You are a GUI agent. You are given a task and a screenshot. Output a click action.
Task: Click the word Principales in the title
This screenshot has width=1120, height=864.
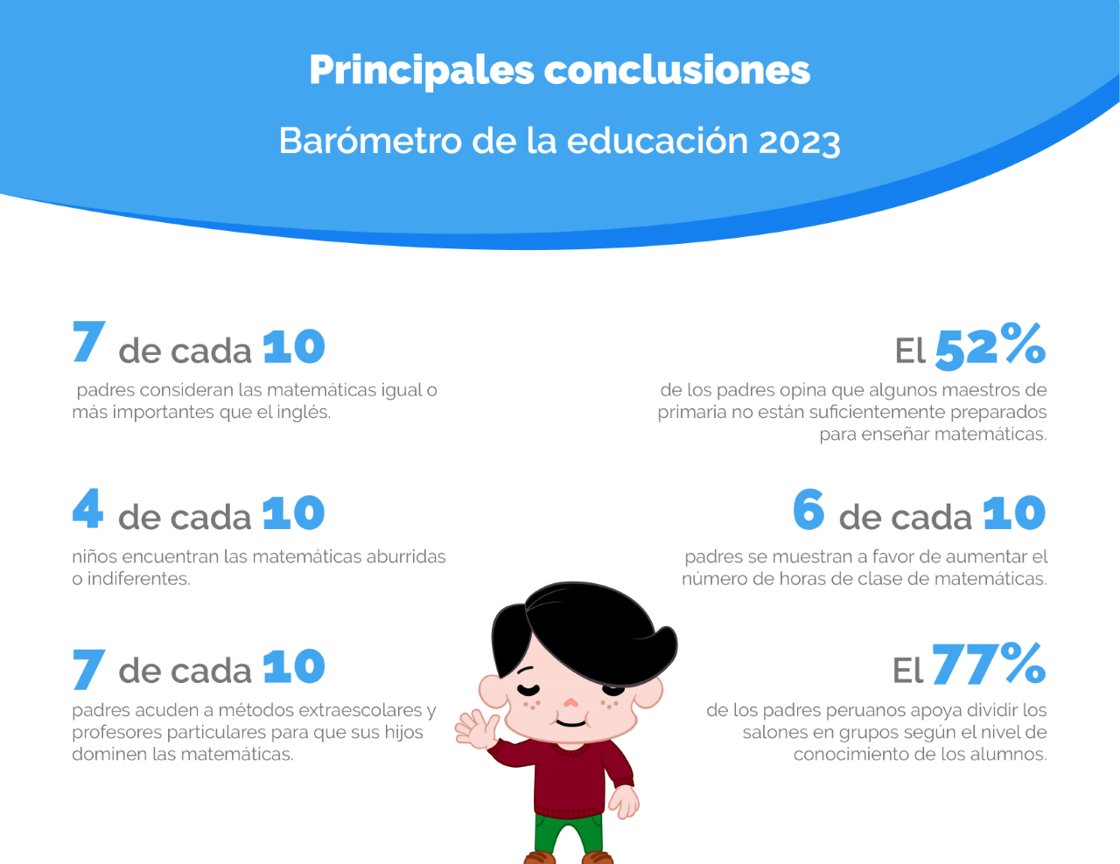pyautogui.click(x=422, y=72)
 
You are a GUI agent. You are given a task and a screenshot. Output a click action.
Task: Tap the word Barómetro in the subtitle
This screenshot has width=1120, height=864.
pyautogui.click(x=370, y=140)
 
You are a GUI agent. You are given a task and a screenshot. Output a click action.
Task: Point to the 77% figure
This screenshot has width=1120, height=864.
pyautogui.click(x=989, y=665)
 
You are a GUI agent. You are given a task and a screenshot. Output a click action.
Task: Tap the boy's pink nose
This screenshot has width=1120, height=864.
pyautogui.click(x=570, y=702)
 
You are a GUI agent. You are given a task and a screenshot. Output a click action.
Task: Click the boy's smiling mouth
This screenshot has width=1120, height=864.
pyautogui.click(x=571, y=722)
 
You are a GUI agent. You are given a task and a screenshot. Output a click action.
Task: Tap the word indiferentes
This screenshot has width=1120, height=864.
pyautogui.click(x=138, y=579)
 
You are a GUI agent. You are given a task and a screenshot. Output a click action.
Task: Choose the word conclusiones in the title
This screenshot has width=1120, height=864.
pyautogui.click(x=676, y=71)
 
